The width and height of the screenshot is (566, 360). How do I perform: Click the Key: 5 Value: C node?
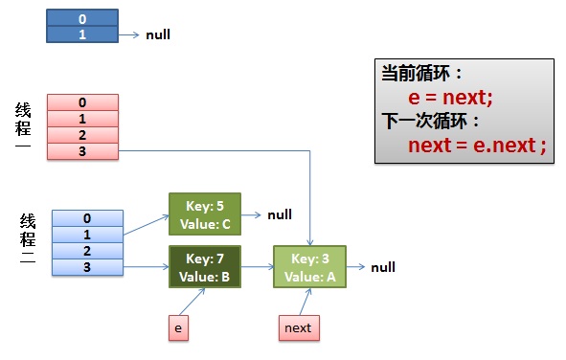click(204, 214)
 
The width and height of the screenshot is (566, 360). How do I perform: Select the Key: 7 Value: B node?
click(204, 267)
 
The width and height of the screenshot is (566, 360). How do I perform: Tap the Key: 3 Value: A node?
click(309, 267)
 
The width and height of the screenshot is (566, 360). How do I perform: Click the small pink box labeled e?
click(176, 327)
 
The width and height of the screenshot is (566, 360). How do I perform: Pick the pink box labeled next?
click(297, 327)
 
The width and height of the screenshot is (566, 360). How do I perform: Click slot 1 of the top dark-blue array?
click(81, 34)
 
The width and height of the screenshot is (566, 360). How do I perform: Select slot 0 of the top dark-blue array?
click(81, 18)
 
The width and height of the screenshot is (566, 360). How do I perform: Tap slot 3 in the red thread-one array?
click(82, 151)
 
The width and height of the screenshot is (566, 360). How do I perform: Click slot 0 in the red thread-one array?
click(82, 102)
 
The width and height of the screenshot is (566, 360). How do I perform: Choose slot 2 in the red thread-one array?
click(82, 135)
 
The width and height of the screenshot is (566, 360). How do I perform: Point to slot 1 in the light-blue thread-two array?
click(87, 235)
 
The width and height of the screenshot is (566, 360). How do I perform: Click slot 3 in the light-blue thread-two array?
click(87, 267)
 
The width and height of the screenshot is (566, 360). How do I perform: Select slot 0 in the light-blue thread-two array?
click(87, 218)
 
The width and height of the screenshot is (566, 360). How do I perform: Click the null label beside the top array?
click(158, 35)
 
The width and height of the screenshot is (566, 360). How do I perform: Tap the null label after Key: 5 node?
click(280, 215)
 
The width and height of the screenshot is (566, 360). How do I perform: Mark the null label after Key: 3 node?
click(383, 268)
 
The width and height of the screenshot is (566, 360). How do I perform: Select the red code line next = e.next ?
click(476, 146)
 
